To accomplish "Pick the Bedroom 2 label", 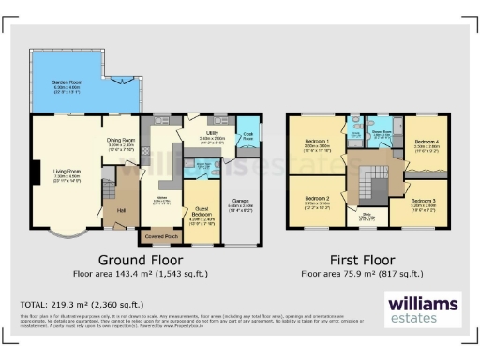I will coord(317,199).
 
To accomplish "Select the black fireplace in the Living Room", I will coord(35,173).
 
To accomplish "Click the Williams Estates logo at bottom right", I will coord(423,308).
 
